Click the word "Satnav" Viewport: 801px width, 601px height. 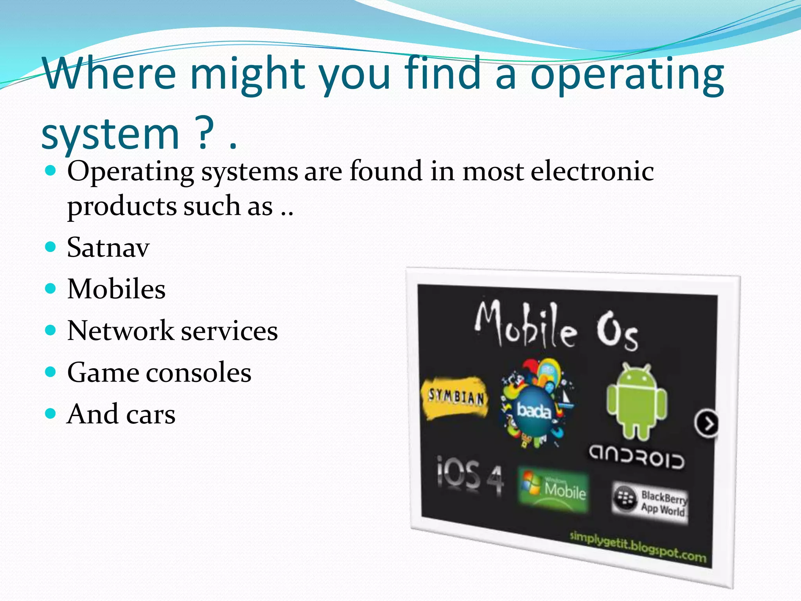pyautogui.click(x=108, y=247)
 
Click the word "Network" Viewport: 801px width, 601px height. pyautogui.click(x=120, y=331)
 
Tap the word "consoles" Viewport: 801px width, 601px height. pyautogui.click(x=199, y=372)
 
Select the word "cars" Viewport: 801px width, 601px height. pyautogui.click(x=151, y=414)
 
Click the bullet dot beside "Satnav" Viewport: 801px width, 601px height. pyautogui.click(x=50, y=247)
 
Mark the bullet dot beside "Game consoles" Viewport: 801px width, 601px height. pyautogui.click(x=50, y=372)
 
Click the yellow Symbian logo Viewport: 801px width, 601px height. pyautogui.click(x=455, y=397)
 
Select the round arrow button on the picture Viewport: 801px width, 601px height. pyautogui.click(x=707, y=423)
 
